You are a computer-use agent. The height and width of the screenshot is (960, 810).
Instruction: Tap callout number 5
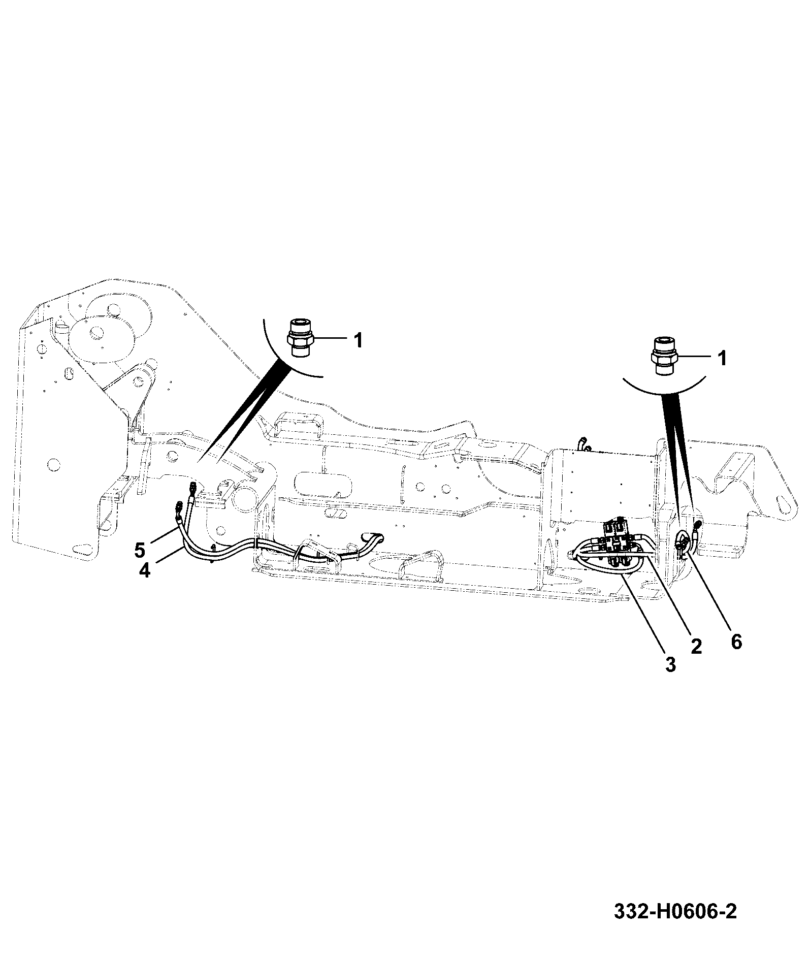[141, 550]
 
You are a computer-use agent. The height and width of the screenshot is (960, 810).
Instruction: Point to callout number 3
[670, 664]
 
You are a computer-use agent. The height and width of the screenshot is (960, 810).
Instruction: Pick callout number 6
[736, 642]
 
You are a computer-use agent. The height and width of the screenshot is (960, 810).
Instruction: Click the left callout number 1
[359, 340]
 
